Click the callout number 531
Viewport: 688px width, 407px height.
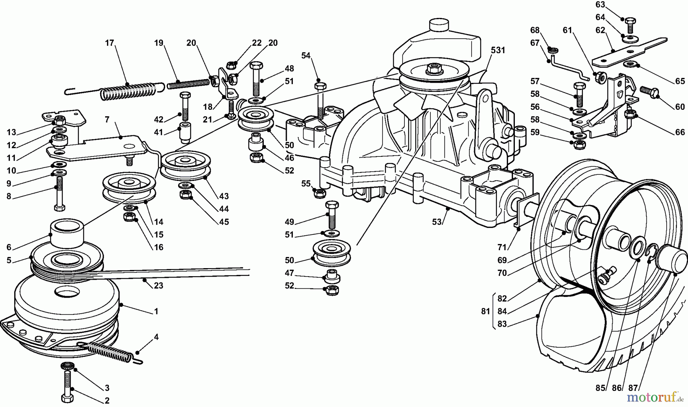498,50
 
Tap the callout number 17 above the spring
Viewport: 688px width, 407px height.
110,43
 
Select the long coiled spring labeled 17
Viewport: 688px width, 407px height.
128,92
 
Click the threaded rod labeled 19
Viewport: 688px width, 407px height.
189,83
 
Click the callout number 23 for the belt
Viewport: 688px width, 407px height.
158,286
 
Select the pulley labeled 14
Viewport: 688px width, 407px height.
129,187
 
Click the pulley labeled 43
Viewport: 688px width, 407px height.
186,165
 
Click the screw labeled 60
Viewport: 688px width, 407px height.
649,91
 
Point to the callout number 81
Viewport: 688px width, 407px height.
485,311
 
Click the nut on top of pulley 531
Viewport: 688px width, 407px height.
433,69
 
